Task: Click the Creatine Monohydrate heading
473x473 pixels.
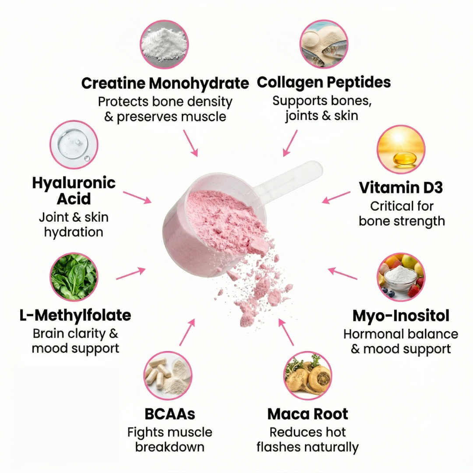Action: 165,83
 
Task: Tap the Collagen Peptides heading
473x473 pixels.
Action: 324,82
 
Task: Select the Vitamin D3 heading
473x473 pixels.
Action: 401,187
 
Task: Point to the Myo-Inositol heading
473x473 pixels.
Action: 401,316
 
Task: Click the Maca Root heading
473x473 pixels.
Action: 308,414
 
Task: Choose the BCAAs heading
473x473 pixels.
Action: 170,414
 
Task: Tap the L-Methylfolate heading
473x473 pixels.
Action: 75,315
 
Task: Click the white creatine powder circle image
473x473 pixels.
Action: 164,45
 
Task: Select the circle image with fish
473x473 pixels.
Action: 324,44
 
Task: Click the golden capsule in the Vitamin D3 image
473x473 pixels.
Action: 405,159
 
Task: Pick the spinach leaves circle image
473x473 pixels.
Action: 74,277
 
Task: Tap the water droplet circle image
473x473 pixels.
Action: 74,145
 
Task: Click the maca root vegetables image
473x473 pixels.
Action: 308,376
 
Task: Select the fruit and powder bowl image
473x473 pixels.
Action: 401,277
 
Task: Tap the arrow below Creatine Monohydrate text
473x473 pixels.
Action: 191,143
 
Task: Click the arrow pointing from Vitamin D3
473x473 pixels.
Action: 336,197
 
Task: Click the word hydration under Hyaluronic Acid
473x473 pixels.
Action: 74,232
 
